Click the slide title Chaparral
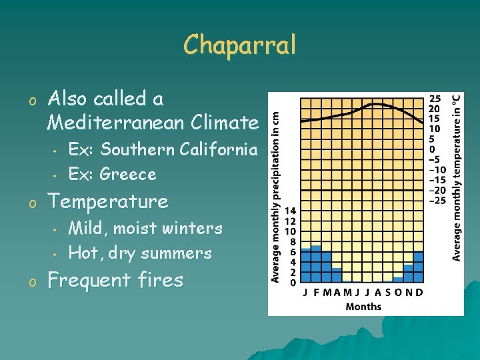point(239,45)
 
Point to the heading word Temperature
point(108,201)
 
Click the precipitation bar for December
point(418,267)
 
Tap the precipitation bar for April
point(337,275)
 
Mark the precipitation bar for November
point(408,273)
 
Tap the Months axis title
point(363,307)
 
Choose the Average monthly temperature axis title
point(457,177)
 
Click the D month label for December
point(419,293)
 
